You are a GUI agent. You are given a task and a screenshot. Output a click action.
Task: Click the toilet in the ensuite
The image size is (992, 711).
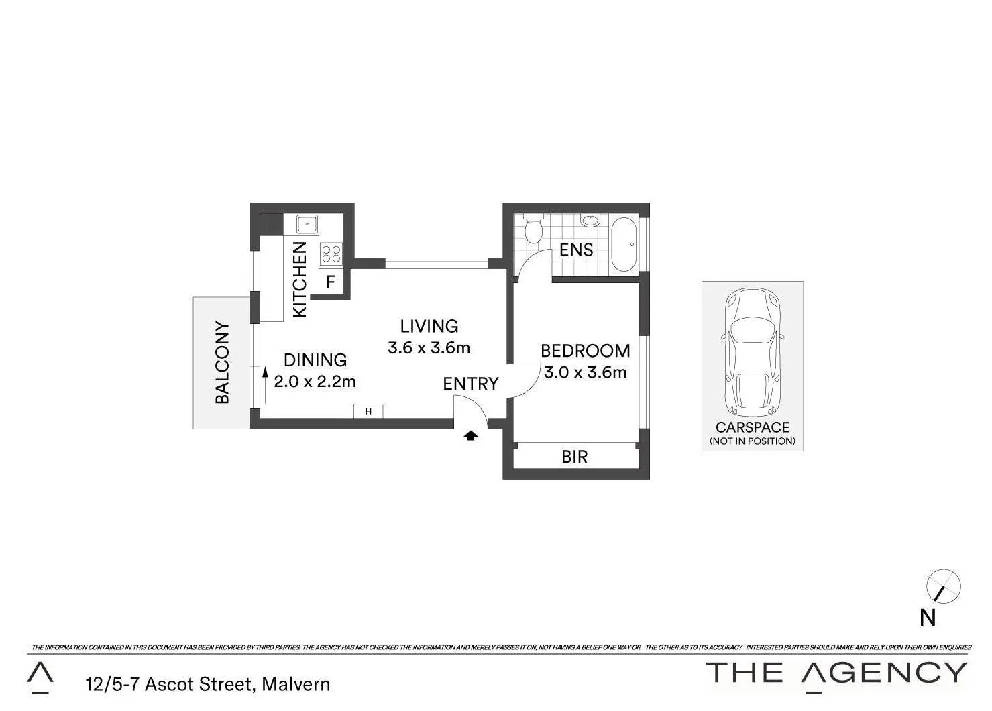coord(533,229)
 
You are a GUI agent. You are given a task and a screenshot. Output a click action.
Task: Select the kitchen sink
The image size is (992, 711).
coord(308,223)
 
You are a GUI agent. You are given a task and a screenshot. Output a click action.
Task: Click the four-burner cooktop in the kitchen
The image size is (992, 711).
coord(331,254)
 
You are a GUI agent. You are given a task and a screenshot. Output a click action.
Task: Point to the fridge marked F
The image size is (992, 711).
coord(330,282)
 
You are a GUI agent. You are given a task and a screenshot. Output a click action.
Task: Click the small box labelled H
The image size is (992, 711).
coord(368,411)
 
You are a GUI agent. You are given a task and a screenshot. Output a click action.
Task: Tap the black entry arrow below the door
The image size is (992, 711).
coord(471,435)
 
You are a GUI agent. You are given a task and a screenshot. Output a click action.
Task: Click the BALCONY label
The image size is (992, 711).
coord(222,362)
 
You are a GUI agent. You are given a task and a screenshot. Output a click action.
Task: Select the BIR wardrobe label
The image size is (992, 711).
coord(574,457)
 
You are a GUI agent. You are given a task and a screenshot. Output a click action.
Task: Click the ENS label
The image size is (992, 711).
coord(576,250)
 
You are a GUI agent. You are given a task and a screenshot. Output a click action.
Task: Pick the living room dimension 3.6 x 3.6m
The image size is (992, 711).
coord(429,348)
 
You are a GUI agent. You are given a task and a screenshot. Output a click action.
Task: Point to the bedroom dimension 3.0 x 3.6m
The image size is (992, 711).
coord(585,372)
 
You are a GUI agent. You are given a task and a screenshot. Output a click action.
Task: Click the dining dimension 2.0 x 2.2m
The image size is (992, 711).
coord(315,382)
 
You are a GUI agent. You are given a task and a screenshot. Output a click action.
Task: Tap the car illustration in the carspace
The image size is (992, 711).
coord(752,351)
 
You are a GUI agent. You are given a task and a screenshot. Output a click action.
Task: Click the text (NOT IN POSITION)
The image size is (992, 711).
coord(753,441)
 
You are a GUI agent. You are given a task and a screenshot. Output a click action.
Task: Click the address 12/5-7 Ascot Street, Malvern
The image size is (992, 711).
coord(208,684)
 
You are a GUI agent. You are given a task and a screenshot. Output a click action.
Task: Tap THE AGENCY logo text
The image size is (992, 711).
coord(836,673)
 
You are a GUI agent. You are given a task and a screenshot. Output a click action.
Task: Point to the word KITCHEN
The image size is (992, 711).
coord(300,280)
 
